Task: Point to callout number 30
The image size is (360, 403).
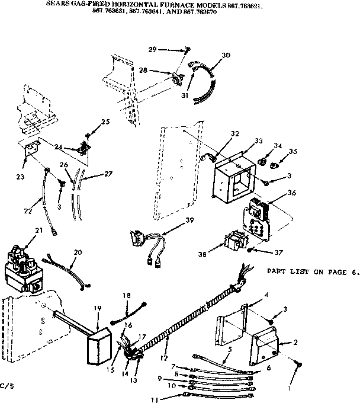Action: pyautogui.click(x=226, y=55)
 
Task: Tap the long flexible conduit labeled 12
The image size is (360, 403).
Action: pyautogui.click(x=184, y=318)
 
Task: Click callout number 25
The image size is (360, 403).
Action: pyautogui.click(x=105, y=121)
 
